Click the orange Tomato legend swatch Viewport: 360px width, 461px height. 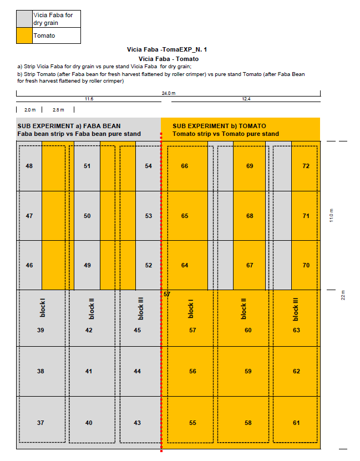click(24, 36)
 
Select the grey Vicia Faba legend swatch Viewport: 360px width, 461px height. click(24, 19)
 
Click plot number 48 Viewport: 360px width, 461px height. click(29, 166)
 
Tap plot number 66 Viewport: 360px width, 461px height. click(184, 166)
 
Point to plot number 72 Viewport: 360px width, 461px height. click(306, 166)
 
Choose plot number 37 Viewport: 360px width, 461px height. click(40, 423)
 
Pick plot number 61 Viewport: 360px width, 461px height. click(296, 423)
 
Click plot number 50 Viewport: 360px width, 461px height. click(87, 216)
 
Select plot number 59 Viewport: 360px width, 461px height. click(248, 371)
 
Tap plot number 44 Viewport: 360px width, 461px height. click(138, 371)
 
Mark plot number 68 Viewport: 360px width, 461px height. click(250, 216)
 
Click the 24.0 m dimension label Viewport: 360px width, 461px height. click(168, 93)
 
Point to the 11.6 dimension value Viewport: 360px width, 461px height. click(88, 99)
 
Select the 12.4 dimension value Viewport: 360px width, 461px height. click(246, 99)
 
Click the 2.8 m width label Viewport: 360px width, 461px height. click(58, 110)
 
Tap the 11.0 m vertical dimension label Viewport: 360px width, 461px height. click(332, 216)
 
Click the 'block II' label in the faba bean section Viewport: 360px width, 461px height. click(92, 308)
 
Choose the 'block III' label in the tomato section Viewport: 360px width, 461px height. click(295, 309)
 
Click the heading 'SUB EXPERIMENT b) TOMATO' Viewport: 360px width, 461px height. click(219, 126)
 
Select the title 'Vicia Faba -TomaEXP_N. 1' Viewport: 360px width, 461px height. click(167, 50)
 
